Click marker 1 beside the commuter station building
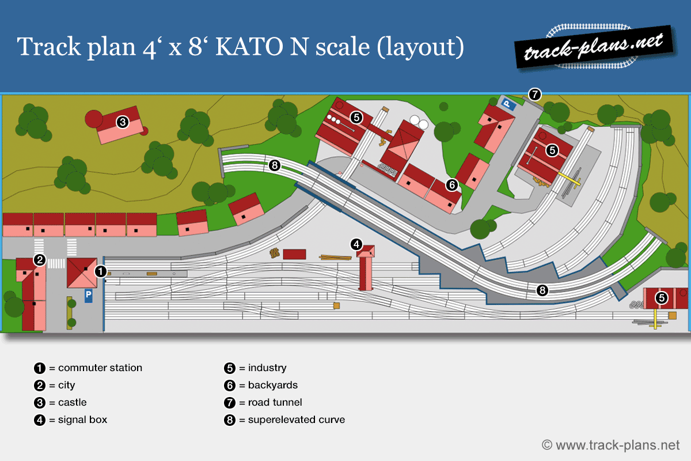(x=100, y=271)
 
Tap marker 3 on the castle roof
(x=122, y=122)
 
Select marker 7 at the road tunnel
(x=535, y=94)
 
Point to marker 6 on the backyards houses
(x=452, y=185)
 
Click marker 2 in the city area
(x=39, y=260)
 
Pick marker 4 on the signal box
(x=357, y=245)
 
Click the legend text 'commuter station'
(x=100, y=368)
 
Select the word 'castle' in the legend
(x=73, y=402)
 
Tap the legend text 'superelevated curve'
(x=296, y=420)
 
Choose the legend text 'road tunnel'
(x=275, y=402)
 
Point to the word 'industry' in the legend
(x=267, y=368)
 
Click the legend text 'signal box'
(x=82, y=420)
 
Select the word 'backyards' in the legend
(x=272, y=385)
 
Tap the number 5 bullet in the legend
(x=229, y=368)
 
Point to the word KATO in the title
(x=248, y=46)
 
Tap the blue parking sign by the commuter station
(x=89, y=295)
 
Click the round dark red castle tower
(x=93, y=119)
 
